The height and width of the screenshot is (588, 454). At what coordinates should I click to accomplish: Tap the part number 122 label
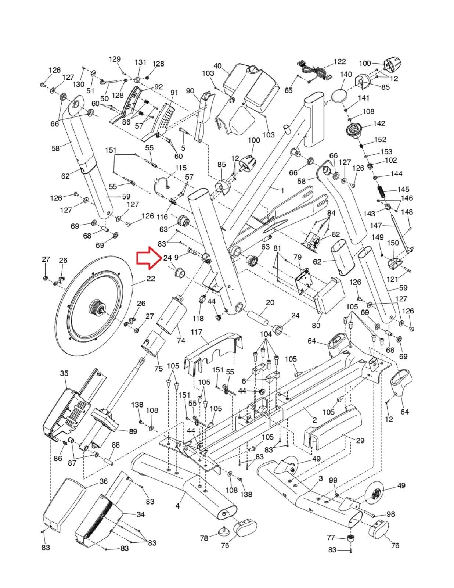pos(339,61)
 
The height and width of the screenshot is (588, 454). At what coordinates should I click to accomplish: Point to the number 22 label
pos(151,279)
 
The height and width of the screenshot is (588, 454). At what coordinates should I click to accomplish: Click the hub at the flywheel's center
pos(97,307)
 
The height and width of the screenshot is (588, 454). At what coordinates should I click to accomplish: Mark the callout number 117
pos(197,332)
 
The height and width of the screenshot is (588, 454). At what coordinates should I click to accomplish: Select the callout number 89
pos(133,431)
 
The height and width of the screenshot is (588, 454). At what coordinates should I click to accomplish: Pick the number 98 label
pos(390,514)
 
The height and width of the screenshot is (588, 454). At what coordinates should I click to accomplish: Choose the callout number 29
pos(360,440)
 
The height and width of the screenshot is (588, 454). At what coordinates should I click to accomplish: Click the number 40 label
pos(217,66)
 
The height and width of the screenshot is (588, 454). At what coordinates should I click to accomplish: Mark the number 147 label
pos(376,225)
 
